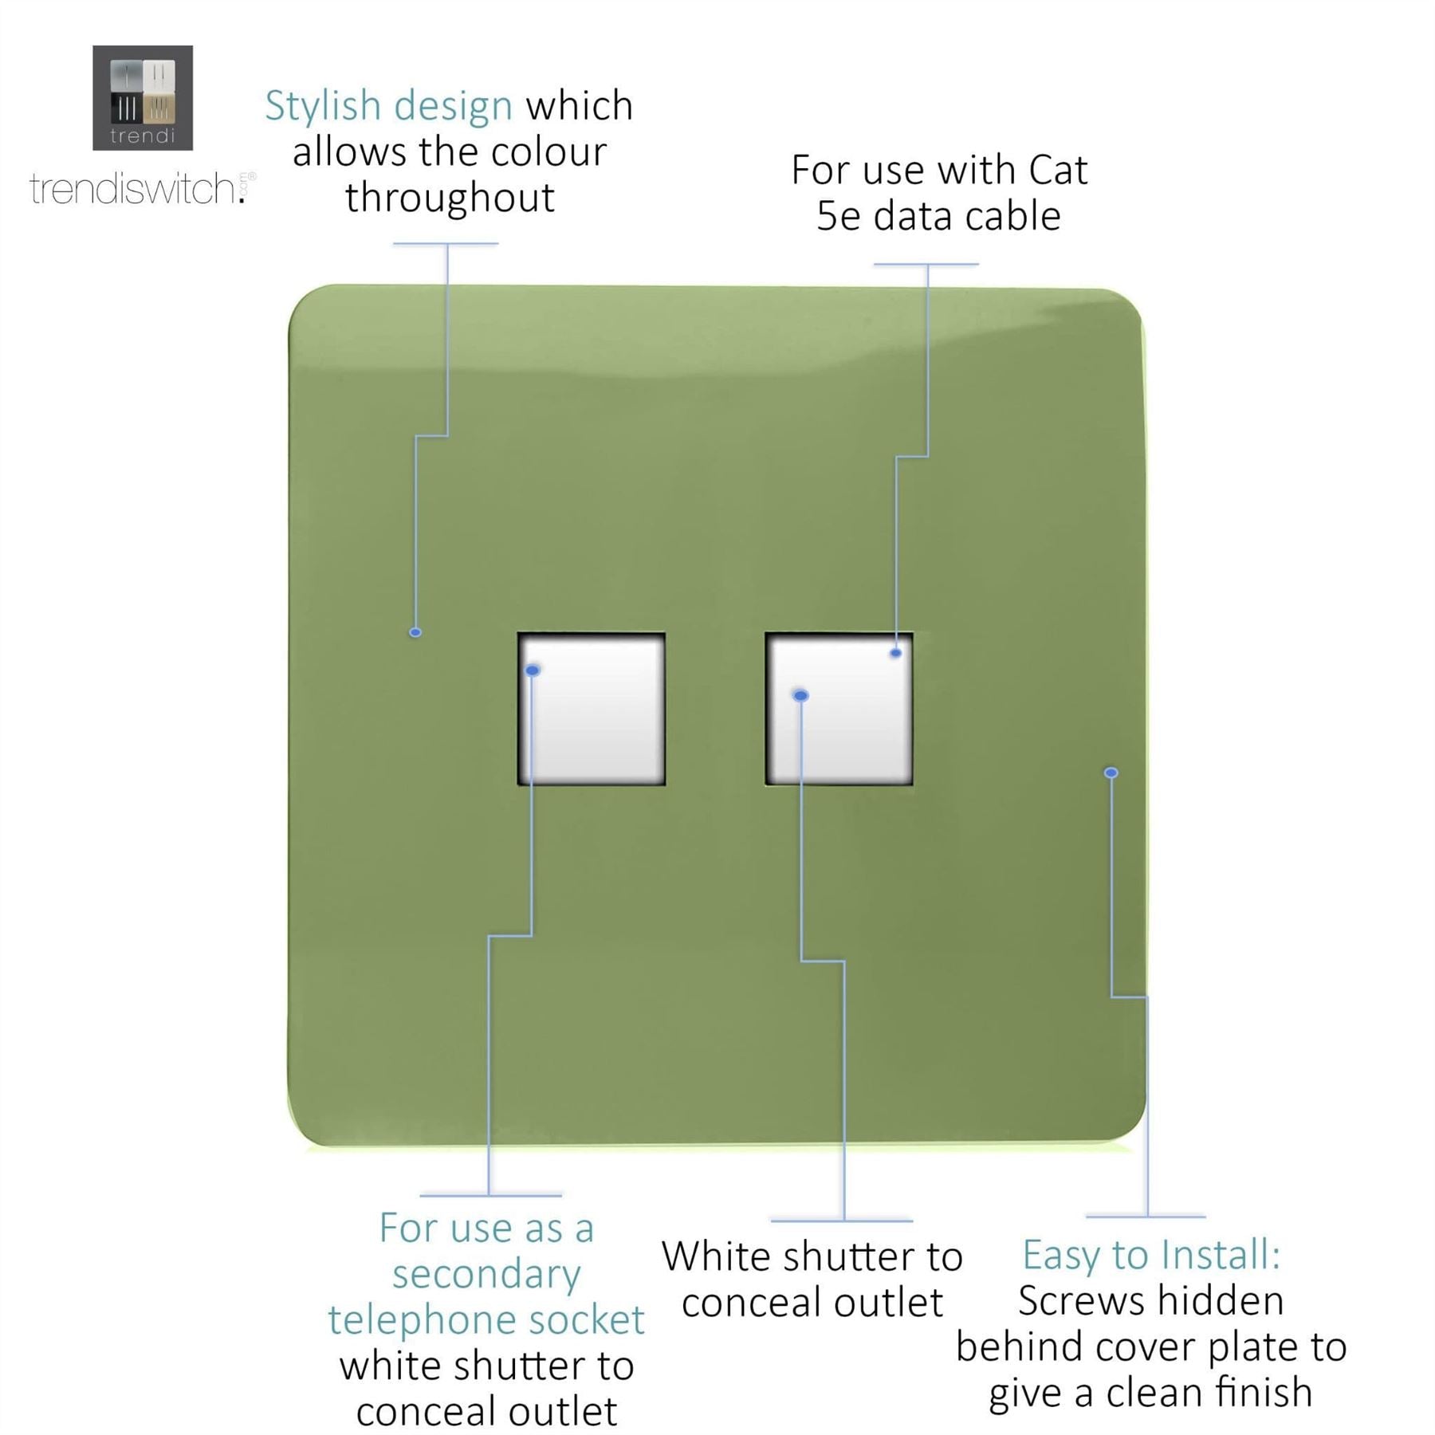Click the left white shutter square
pyautogui.click(x=592, y=709)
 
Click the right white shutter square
pyautogui.click(x=839, y=709)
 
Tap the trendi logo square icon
pyautogui.click(x=143, y=97)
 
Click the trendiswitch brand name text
pyautogui.click(x=140, y=189)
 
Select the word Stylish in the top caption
pyautogui.click(x=323, y=107)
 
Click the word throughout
pyautogui.click(x=450, y=197)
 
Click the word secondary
pyautogui.click(x=486, y=1275)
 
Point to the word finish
pyautogui.click(x=1261, y=1393)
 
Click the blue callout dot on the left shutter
pyautogui.click(x=533, y=670)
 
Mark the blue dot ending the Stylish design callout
pyautogui.click(x=415, y=632)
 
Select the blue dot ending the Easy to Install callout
pyautogui.click(x=1111, y=773)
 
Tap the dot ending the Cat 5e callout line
pyautogui.click(x=896, y=653)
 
